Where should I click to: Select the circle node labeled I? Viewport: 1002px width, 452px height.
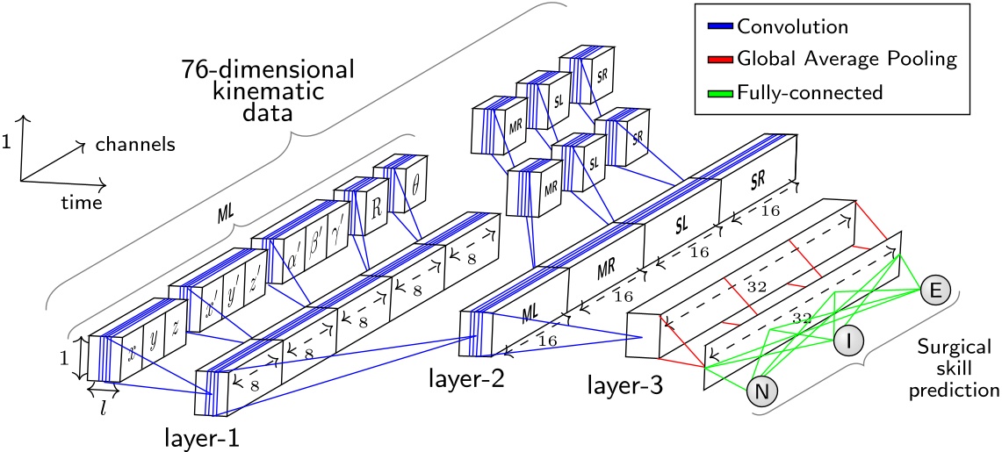pos(847,339)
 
